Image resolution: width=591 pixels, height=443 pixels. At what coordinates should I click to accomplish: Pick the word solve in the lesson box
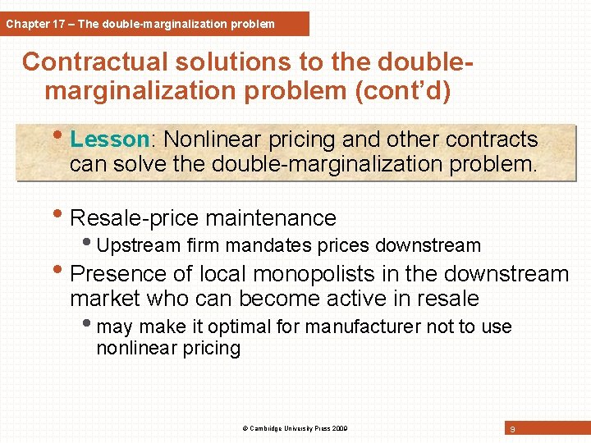pyautogui.click(x=179, y=164)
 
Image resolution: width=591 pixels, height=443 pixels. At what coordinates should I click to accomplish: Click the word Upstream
pyautogui.click(x=140, y=245)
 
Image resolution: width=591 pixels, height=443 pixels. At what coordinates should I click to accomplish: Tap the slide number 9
pyautogui.click(x=512, y=428)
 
